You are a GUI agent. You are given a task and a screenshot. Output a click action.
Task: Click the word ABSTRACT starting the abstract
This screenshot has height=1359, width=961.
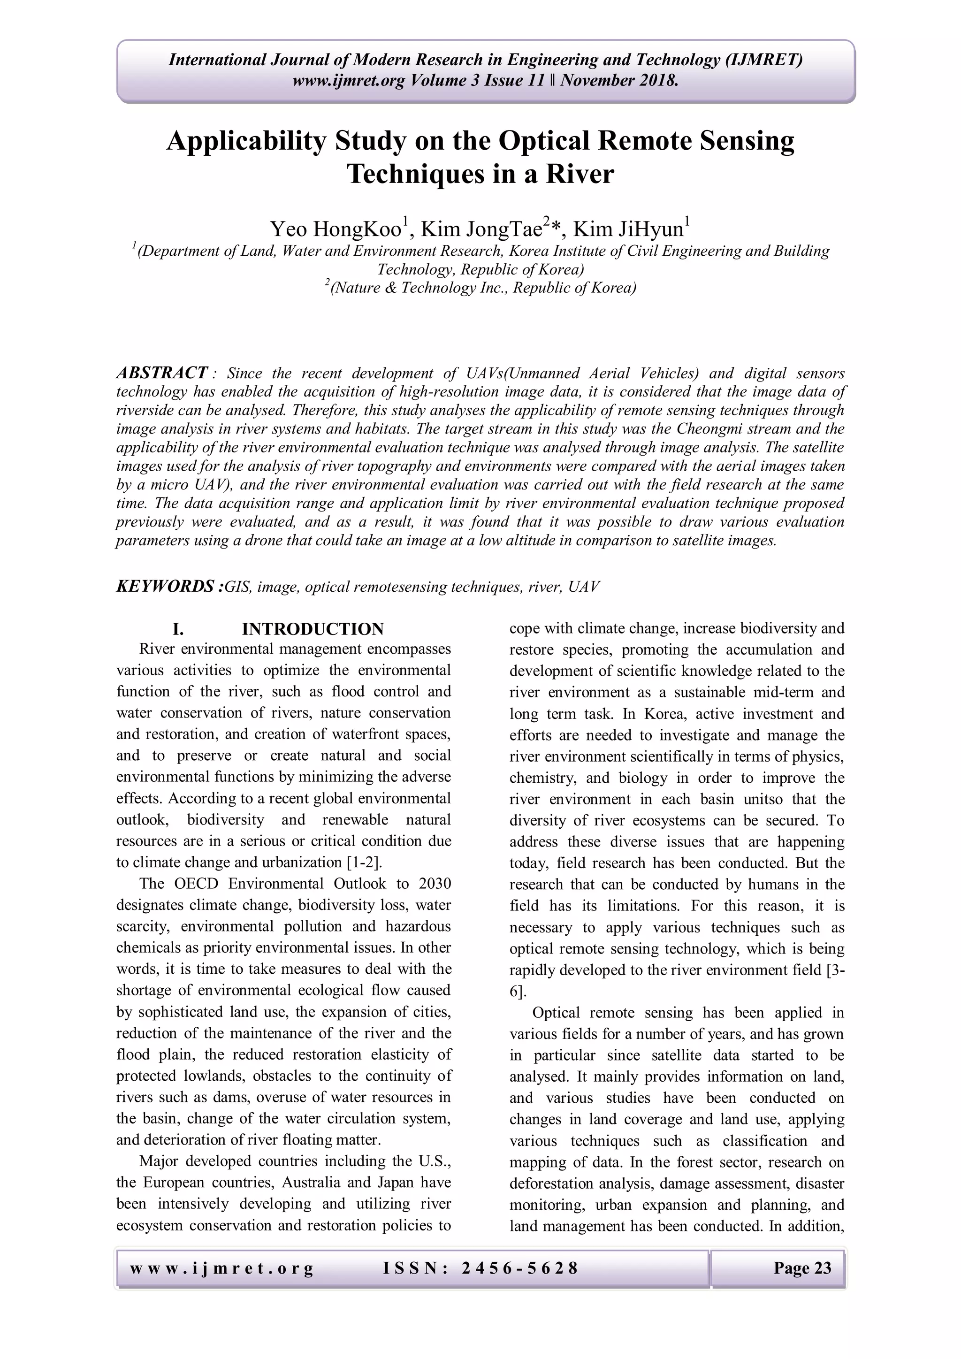point(161,373)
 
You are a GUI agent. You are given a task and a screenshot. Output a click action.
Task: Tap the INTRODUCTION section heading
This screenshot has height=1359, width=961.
point(313,629)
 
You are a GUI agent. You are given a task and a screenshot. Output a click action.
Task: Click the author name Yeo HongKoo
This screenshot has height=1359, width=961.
point(336,229)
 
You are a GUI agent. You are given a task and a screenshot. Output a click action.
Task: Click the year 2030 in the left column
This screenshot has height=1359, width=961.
point(435,884)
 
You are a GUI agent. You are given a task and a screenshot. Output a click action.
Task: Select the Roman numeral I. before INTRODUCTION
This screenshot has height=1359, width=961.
point(177,629)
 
